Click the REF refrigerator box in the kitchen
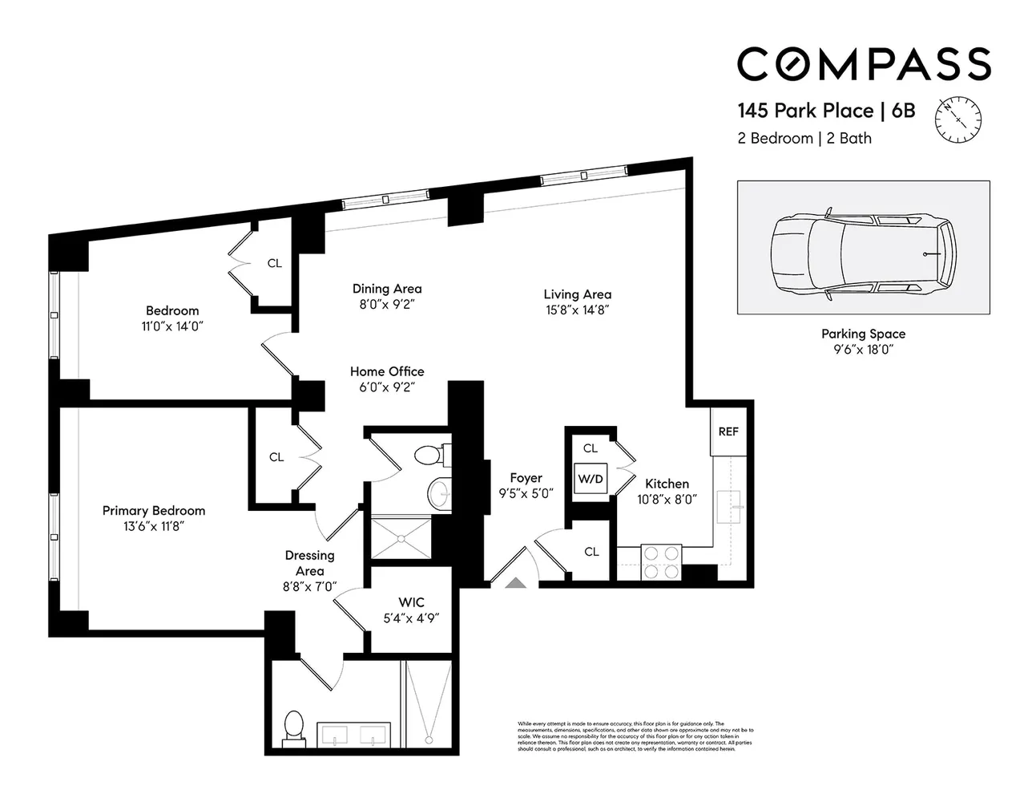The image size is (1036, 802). (x=728, y=431)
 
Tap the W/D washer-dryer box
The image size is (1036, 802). (x=591, y=479)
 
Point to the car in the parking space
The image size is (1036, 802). (x=864, y=253)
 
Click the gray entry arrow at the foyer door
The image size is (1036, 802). (x=515, y=582)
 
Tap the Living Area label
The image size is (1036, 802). (x=577, y=294)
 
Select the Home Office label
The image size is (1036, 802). (x=387, y=371)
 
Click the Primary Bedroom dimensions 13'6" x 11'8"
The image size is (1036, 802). (x=153, y=526)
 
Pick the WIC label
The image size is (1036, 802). (x=411, y=602)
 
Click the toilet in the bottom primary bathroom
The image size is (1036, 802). (x=293, y=727)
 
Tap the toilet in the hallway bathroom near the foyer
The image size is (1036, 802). (x=429, y=455)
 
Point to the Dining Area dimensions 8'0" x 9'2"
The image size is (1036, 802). (x=387, y=304)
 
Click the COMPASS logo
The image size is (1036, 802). (x=864, y=64)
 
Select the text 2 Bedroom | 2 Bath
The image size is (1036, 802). (x=804, y=138)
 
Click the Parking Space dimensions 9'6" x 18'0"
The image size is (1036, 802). (x=863, y=350)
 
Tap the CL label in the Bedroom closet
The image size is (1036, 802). (x=274, y=263)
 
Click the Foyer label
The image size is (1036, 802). (x=526, y=478)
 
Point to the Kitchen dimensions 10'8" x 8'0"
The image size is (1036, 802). (x=667, y=499)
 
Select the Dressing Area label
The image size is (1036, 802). (x=309, y=563)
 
